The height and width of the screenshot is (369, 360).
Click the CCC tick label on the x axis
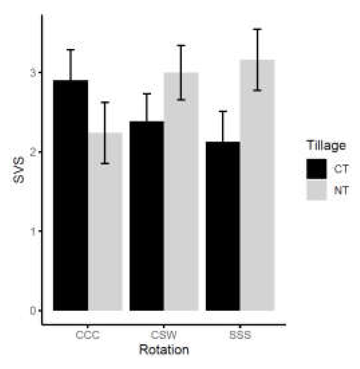tap(88, 336)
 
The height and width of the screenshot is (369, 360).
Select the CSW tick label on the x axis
tap(164, 336)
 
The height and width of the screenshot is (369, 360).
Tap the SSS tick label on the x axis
tap(240, 336)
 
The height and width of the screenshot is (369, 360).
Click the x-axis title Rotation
tap(164, 350)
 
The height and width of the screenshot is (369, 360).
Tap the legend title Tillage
tap(326, 146)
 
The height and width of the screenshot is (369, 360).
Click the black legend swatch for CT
tap(316, 169)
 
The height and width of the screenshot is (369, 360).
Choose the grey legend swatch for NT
tap(316, 190)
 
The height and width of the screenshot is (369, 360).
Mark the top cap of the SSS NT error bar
tap(257, 30)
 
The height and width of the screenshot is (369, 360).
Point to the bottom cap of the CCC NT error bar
tap(105, 164)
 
